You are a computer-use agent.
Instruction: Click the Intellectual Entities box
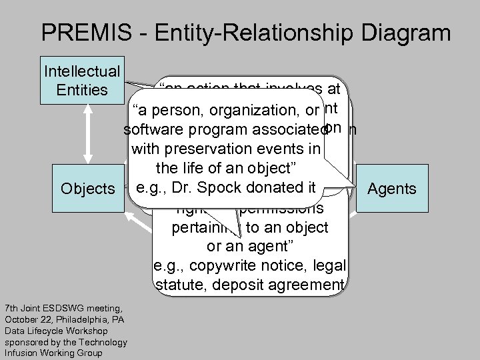[81, 79]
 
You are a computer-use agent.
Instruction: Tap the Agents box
[393, 189]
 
